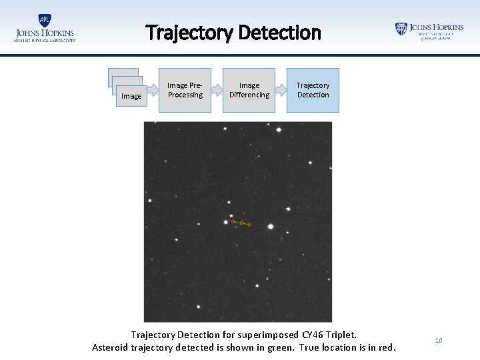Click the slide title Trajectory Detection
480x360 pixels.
(x=233, y=33)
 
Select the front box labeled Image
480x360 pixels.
(x=131, y=97)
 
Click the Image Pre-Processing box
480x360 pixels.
(x=185, y=90)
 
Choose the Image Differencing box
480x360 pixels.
(x=249, y=90)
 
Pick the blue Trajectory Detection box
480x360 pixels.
(x=313, y=90)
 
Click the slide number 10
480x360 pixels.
(x=438, y=341)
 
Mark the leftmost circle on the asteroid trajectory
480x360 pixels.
(x=233, y=221)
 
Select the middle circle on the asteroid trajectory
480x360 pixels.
(x=241, y=223)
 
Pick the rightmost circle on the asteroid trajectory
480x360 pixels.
(x=249, y=224)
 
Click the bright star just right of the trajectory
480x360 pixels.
(x=270, y=226)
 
